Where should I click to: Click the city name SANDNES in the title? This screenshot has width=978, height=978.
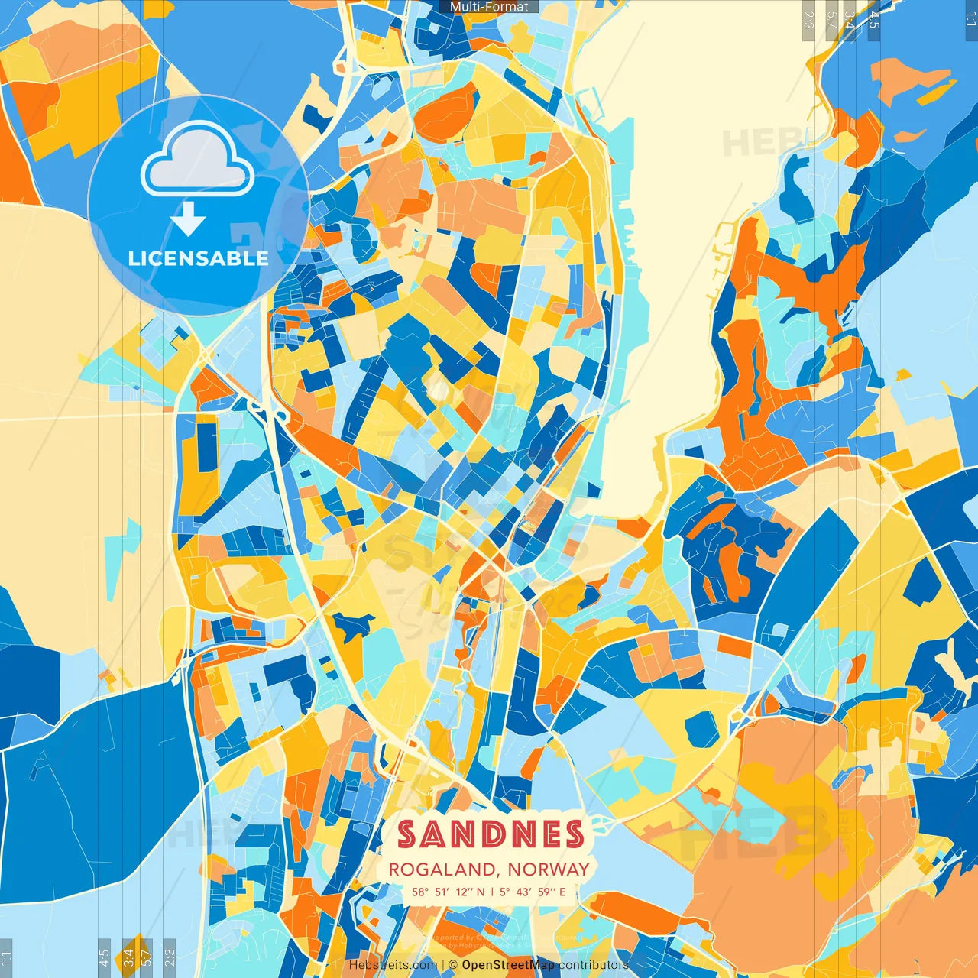tap(491, 834)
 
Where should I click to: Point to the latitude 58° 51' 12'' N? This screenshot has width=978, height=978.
tap(448, 892)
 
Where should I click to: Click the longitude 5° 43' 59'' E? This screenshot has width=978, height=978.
tap(533, 892)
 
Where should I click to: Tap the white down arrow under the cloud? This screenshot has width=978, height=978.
tap(187, 220)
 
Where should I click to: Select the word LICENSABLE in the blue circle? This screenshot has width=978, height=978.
tap(198, 258)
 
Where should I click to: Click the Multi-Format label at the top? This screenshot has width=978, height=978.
tap(489, 7)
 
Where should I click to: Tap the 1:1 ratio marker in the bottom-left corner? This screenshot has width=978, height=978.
tap(7, 957)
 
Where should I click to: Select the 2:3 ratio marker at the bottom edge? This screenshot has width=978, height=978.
tap(170, 957)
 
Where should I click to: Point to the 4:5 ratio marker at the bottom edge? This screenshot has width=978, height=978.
tap(104, 957)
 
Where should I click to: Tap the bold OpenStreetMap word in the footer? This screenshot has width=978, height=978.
tap(508, 965)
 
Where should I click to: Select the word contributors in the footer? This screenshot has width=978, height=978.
tap(594, 965)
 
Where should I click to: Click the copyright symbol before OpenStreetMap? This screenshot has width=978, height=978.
tap(453, 965)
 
